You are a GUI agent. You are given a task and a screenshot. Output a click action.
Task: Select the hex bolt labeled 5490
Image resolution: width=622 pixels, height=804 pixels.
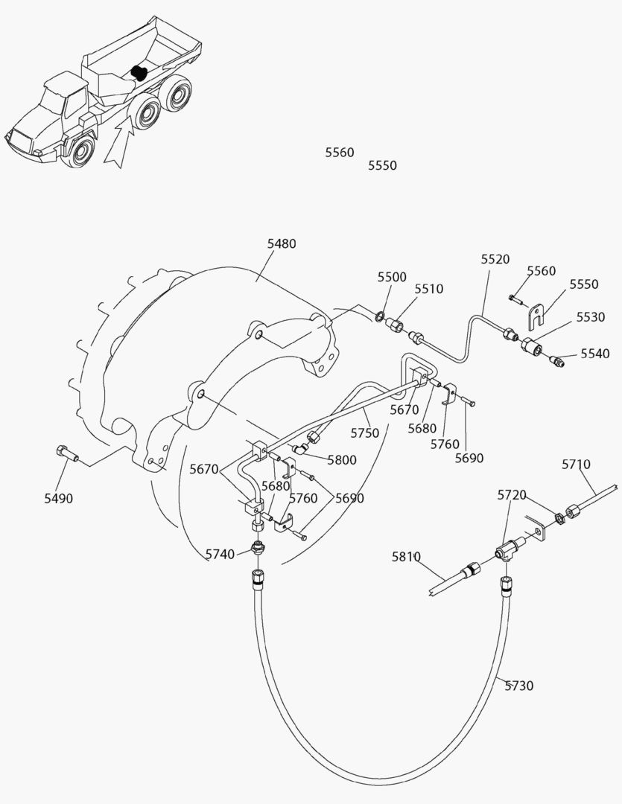[x=64, y=453]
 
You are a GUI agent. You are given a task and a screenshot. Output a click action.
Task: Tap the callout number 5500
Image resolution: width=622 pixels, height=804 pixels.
[x=392, y=277]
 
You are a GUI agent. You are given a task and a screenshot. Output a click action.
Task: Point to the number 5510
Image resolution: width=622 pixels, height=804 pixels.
[x=429, y=289]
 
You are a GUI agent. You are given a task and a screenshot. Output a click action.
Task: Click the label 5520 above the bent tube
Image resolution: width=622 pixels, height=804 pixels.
[x=495, y=259]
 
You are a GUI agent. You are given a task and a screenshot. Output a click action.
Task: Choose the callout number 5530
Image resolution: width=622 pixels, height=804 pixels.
[x=590, y=317]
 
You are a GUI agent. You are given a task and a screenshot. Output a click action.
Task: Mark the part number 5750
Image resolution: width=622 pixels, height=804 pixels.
[x=364, y=433]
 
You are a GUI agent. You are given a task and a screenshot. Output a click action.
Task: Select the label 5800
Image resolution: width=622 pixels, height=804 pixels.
[x=342, y=460]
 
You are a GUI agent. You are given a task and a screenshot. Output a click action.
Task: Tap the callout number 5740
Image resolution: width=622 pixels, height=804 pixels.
[x=221, y=553]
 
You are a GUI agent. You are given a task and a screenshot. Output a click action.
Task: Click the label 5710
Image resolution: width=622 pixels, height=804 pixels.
[x=576, y=465]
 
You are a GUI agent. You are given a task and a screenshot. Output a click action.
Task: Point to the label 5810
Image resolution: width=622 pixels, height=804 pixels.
[x=407, y=556]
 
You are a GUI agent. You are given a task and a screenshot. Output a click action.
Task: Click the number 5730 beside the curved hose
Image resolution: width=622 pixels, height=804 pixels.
[x=518, y=686]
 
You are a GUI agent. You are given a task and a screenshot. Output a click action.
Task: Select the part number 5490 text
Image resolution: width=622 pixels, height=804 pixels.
[x=58, y=499]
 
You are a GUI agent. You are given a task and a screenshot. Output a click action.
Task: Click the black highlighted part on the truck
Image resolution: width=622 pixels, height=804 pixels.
[x=137, y=72]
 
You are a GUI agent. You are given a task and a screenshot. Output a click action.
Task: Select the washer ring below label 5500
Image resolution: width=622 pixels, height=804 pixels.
[x=380, y=317]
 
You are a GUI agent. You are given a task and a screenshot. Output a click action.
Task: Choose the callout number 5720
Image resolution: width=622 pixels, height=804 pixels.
[x=512, y=495]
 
